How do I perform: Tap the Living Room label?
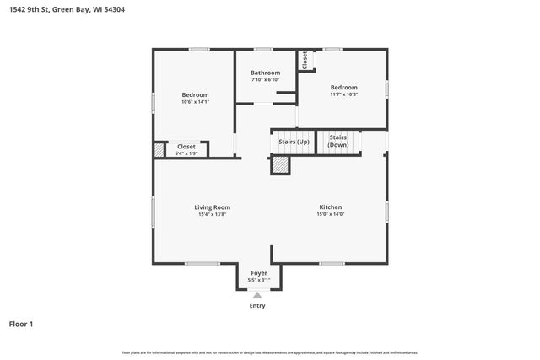tap(212, 207)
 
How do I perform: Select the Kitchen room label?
tap(330, 207)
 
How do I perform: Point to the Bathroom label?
tap(265, 73)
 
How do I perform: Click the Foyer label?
tap(259, 273)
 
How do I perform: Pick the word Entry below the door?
tap(257, 305)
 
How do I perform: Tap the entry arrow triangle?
tap(257, 295)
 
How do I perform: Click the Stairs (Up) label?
tap(294, 141)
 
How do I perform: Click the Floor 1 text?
tap(21, 324)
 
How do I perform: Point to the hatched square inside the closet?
tap(159, 149)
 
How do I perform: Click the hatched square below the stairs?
tap(280, 166)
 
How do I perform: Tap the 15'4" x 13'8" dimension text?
tap(212, 214)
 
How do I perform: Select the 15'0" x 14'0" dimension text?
tap(330, 214)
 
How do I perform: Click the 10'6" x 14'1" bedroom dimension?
tap(195, 102)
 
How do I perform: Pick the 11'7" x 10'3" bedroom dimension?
tap(343, 94)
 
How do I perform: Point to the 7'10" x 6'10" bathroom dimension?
tap(265, 79)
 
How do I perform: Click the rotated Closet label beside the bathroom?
tap(305, 60)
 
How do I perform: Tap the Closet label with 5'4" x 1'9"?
tap(186, 147)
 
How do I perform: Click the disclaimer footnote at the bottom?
tap(269, 352)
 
